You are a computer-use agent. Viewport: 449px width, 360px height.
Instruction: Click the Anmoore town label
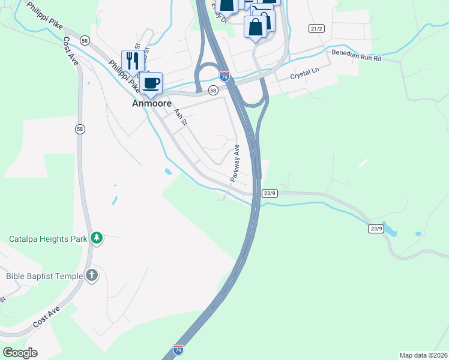pos(148,103)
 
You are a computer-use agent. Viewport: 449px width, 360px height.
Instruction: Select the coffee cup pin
pos(151,83)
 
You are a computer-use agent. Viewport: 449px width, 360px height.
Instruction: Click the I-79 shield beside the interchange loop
pos(224,77)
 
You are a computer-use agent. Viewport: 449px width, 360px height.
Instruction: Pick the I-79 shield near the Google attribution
pos(178,349)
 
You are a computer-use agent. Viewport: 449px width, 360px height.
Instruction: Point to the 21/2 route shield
pos(316,29)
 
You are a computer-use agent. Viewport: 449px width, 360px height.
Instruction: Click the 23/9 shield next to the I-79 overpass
pos(270,193)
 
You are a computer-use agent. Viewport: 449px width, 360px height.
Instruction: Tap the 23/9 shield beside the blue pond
pos(376,229)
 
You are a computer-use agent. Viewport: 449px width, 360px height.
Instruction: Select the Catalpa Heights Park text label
pos(48,239)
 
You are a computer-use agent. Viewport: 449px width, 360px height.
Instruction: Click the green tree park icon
pos(97,238)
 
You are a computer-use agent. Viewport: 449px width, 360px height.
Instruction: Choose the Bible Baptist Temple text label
pos(42,276)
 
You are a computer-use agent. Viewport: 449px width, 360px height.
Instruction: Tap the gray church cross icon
pos(91,275)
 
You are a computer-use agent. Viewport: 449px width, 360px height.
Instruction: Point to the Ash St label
pos(181,116)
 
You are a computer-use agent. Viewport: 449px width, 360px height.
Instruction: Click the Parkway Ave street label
pos(235,163)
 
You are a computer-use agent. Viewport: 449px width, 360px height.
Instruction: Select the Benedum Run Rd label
pos(357,55)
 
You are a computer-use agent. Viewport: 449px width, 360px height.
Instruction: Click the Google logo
pos(20,352)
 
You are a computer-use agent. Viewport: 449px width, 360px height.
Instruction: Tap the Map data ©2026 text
pos(423,355)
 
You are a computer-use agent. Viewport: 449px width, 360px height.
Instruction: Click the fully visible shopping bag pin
pos(256,28)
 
